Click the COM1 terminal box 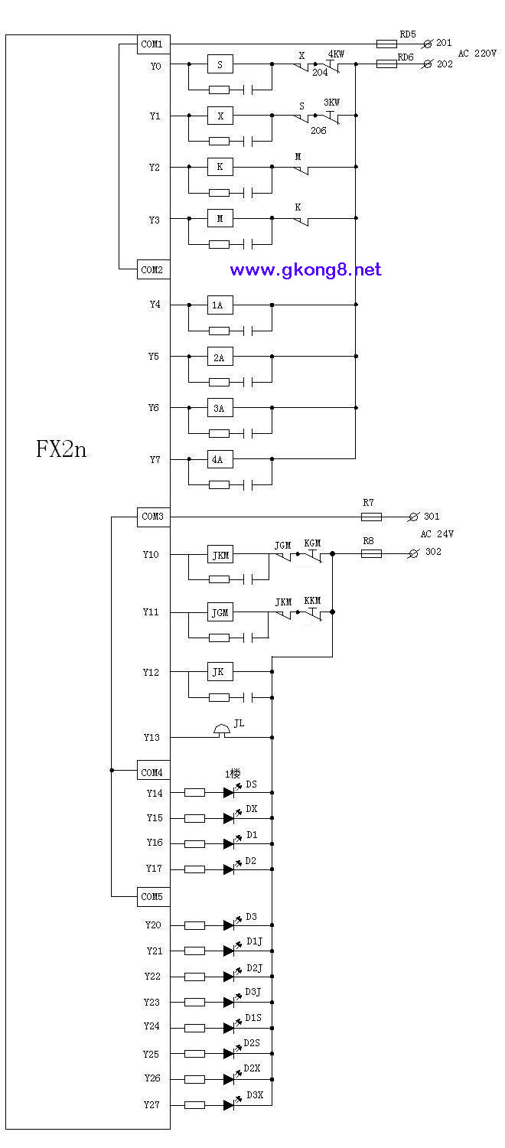point(153,44)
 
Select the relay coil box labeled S point(220,64)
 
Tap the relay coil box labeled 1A point(220,305)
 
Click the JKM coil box point(220,555)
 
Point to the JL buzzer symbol point(221,731)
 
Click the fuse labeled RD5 point(386,44)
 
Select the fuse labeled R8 point(371,553)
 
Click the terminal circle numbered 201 point(427,44)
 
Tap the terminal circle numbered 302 point(413,553)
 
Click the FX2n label point(61,449)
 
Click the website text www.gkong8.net point(306,269)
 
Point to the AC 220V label point(477,54)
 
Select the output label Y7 point(155,460)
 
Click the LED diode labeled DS point(229,792)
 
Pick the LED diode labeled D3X point(229,1105)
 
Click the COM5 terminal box point(153,896)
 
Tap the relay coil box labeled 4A point(220,459)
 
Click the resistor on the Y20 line point(194,925)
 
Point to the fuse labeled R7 point(371,517)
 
